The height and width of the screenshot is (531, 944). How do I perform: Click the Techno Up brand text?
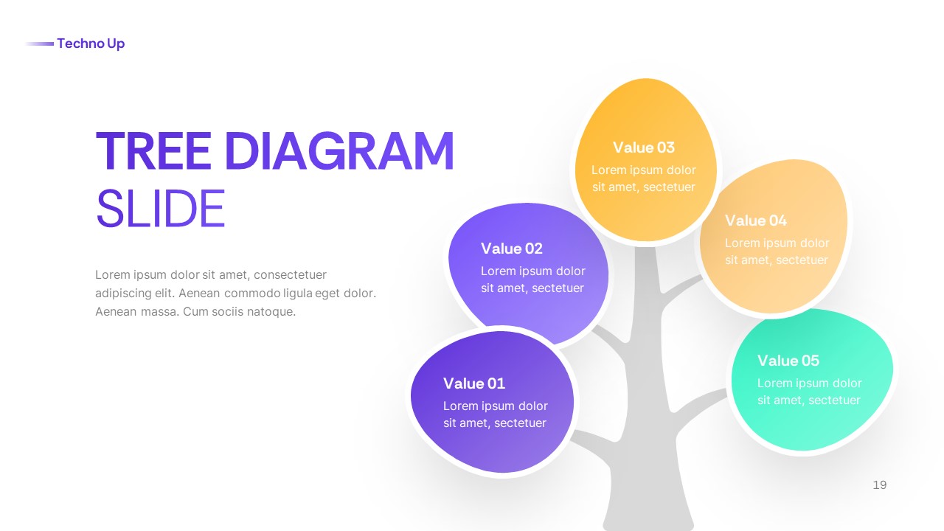tap(91, 44)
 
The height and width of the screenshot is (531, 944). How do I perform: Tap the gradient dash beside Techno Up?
tap(40, 44)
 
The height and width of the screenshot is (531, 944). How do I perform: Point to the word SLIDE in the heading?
tap(160, 209)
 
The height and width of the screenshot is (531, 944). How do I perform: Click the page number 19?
tap(879, 485)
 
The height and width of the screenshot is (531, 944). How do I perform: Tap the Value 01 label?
tap(474, 383)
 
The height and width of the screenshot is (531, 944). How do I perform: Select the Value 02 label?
tap(512, 249)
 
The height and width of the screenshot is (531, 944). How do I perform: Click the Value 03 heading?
tap(644, 147)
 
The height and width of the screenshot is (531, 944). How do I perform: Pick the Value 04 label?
tap(756, 221)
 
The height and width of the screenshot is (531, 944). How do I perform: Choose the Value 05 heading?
tap(788, 361)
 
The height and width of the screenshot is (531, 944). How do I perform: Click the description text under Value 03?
tap(644, 178)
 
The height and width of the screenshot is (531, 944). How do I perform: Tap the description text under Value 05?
tap(809, 392)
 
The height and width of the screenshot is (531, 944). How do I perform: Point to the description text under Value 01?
tap(495, 414)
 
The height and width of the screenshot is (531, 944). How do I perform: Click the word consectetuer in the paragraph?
tap(291, 275)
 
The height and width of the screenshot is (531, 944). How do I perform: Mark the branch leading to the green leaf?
tap(701, 402)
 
